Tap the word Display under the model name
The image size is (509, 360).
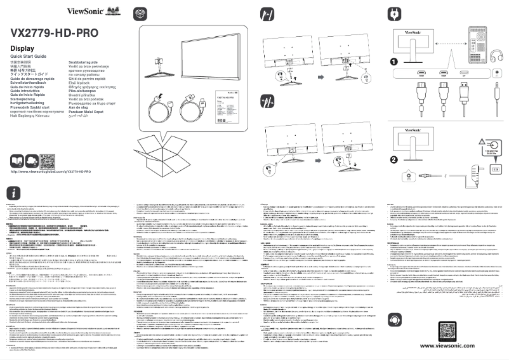click(22, 49)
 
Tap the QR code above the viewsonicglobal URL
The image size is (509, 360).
click(48, 159)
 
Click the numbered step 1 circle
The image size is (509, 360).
click(393, 62)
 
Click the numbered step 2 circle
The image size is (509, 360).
click(393, 159)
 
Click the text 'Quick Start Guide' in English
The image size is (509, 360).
click(29, 57)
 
